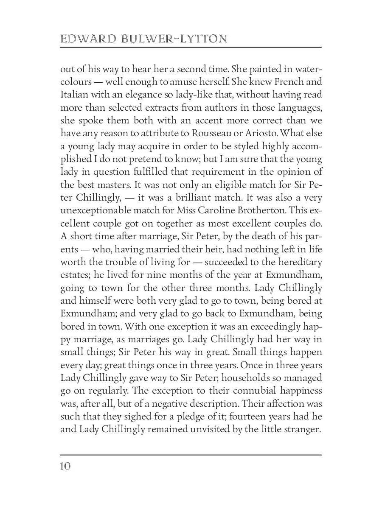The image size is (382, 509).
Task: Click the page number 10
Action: (x=65, y=467)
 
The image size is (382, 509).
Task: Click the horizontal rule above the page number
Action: (x=191, y=455)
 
